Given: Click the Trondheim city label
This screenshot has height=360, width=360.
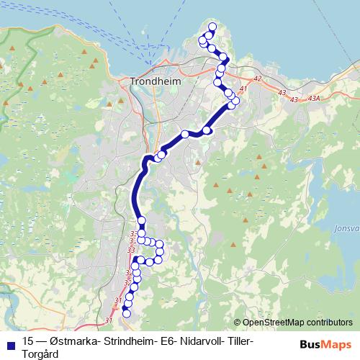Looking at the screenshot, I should pos(154,81).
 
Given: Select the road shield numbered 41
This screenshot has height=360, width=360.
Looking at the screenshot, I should pos(243,89).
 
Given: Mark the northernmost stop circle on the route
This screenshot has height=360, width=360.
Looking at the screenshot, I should pos(211,27).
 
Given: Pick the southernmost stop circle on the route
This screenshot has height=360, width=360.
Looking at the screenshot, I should pos(127,312).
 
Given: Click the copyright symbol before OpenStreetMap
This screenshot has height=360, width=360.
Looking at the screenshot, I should pos(238,323).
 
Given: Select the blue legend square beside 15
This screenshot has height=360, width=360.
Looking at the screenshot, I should pos(9,341).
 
